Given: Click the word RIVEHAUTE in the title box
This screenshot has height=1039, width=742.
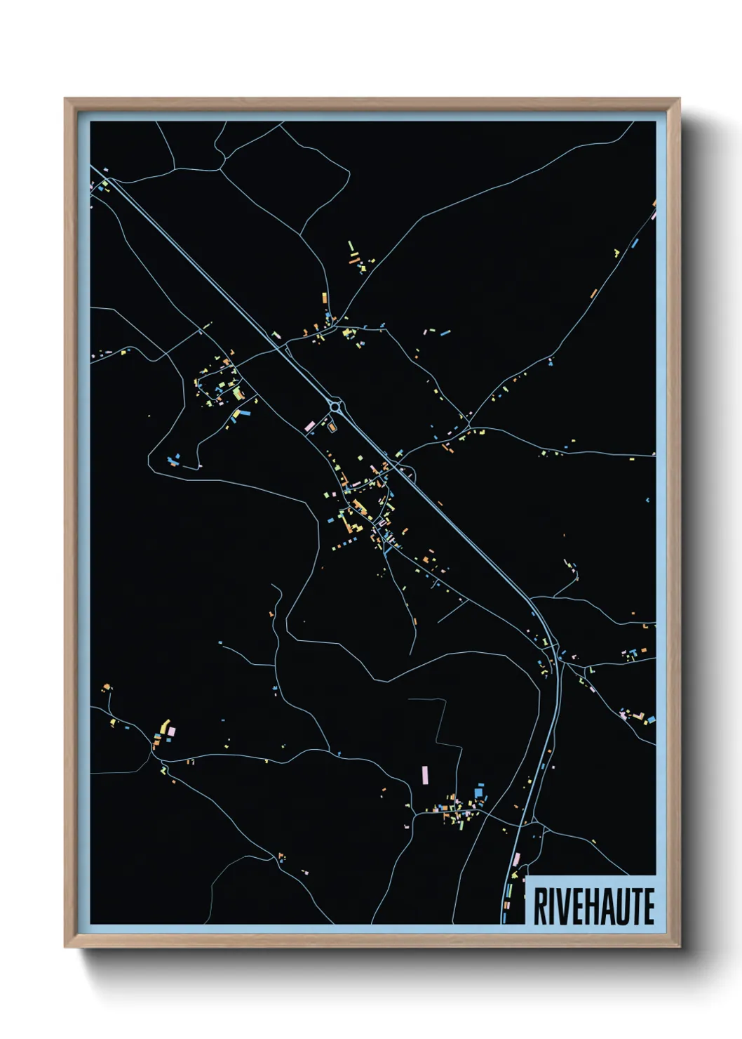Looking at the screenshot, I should click(593, 906).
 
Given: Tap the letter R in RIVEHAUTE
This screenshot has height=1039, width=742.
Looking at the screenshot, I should click(541, 906).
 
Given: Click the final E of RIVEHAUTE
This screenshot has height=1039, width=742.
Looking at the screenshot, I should click(649, 906).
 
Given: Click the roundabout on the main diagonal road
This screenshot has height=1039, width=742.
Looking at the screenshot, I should click(335, 406).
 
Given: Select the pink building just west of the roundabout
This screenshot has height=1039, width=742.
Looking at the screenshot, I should click(309, 425).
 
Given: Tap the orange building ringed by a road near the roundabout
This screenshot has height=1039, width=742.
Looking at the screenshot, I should click(331, 425).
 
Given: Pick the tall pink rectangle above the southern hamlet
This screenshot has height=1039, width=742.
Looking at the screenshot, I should click(424, 775).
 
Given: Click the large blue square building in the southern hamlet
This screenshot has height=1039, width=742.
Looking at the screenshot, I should click(479, 793).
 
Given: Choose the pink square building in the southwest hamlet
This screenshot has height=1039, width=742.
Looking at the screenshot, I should click(171, 732).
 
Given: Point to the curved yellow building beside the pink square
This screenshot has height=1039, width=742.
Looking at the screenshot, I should click(164, 725).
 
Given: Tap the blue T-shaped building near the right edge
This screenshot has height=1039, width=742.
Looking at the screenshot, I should click(633, 653).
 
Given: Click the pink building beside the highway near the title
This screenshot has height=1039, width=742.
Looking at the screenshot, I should click(518, 859).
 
